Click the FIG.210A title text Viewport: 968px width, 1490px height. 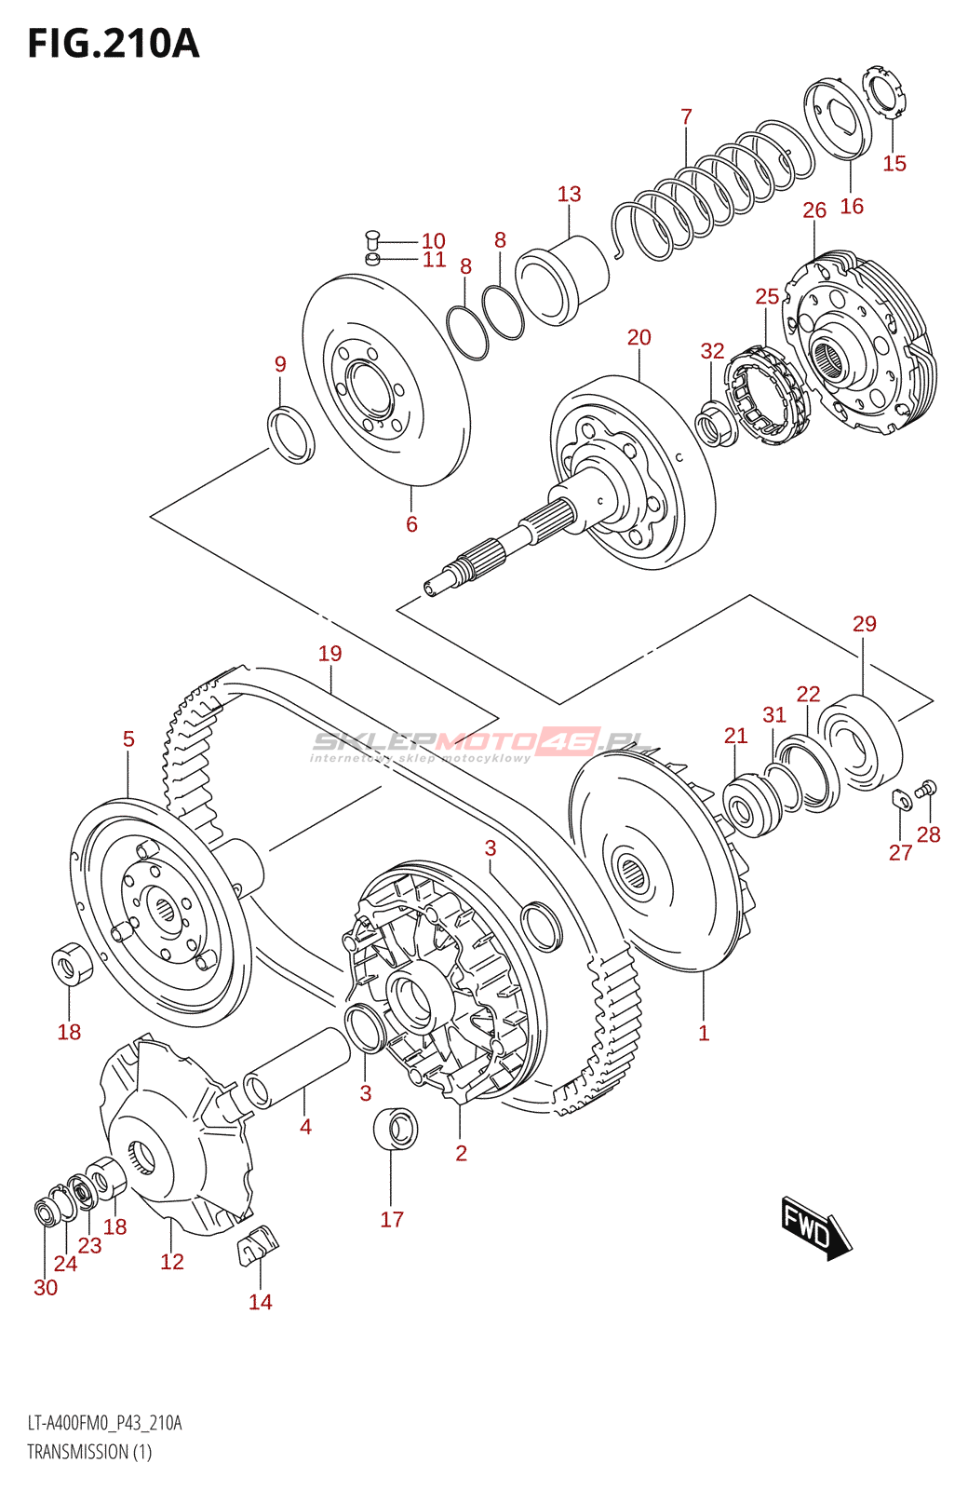point(114,44)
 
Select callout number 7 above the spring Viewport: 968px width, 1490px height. point(686,117)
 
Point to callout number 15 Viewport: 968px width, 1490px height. point(894,164)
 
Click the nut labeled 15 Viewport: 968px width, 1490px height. point(883,91)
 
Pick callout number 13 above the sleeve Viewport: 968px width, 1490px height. point(569,195)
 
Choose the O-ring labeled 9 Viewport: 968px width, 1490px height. point(291,434)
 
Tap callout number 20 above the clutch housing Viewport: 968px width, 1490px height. point(639,338)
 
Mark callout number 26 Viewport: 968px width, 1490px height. point(814,210)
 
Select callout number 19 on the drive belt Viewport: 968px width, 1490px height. point(329,654)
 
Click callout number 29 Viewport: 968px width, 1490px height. point(864,624)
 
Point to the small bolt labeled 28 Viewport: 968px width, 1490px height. point(926,790)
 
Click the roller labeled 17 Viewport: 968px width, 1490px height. point(395,1129)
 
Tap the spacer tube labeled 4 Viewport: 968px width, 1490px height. point(296,1066)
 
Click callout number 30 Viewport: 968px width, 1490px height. point(46,1288)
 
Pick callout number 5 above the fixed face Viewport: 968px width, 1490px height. point(128,739)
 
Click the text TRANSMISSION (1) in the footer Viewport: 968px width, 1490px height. point(89,1452)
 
